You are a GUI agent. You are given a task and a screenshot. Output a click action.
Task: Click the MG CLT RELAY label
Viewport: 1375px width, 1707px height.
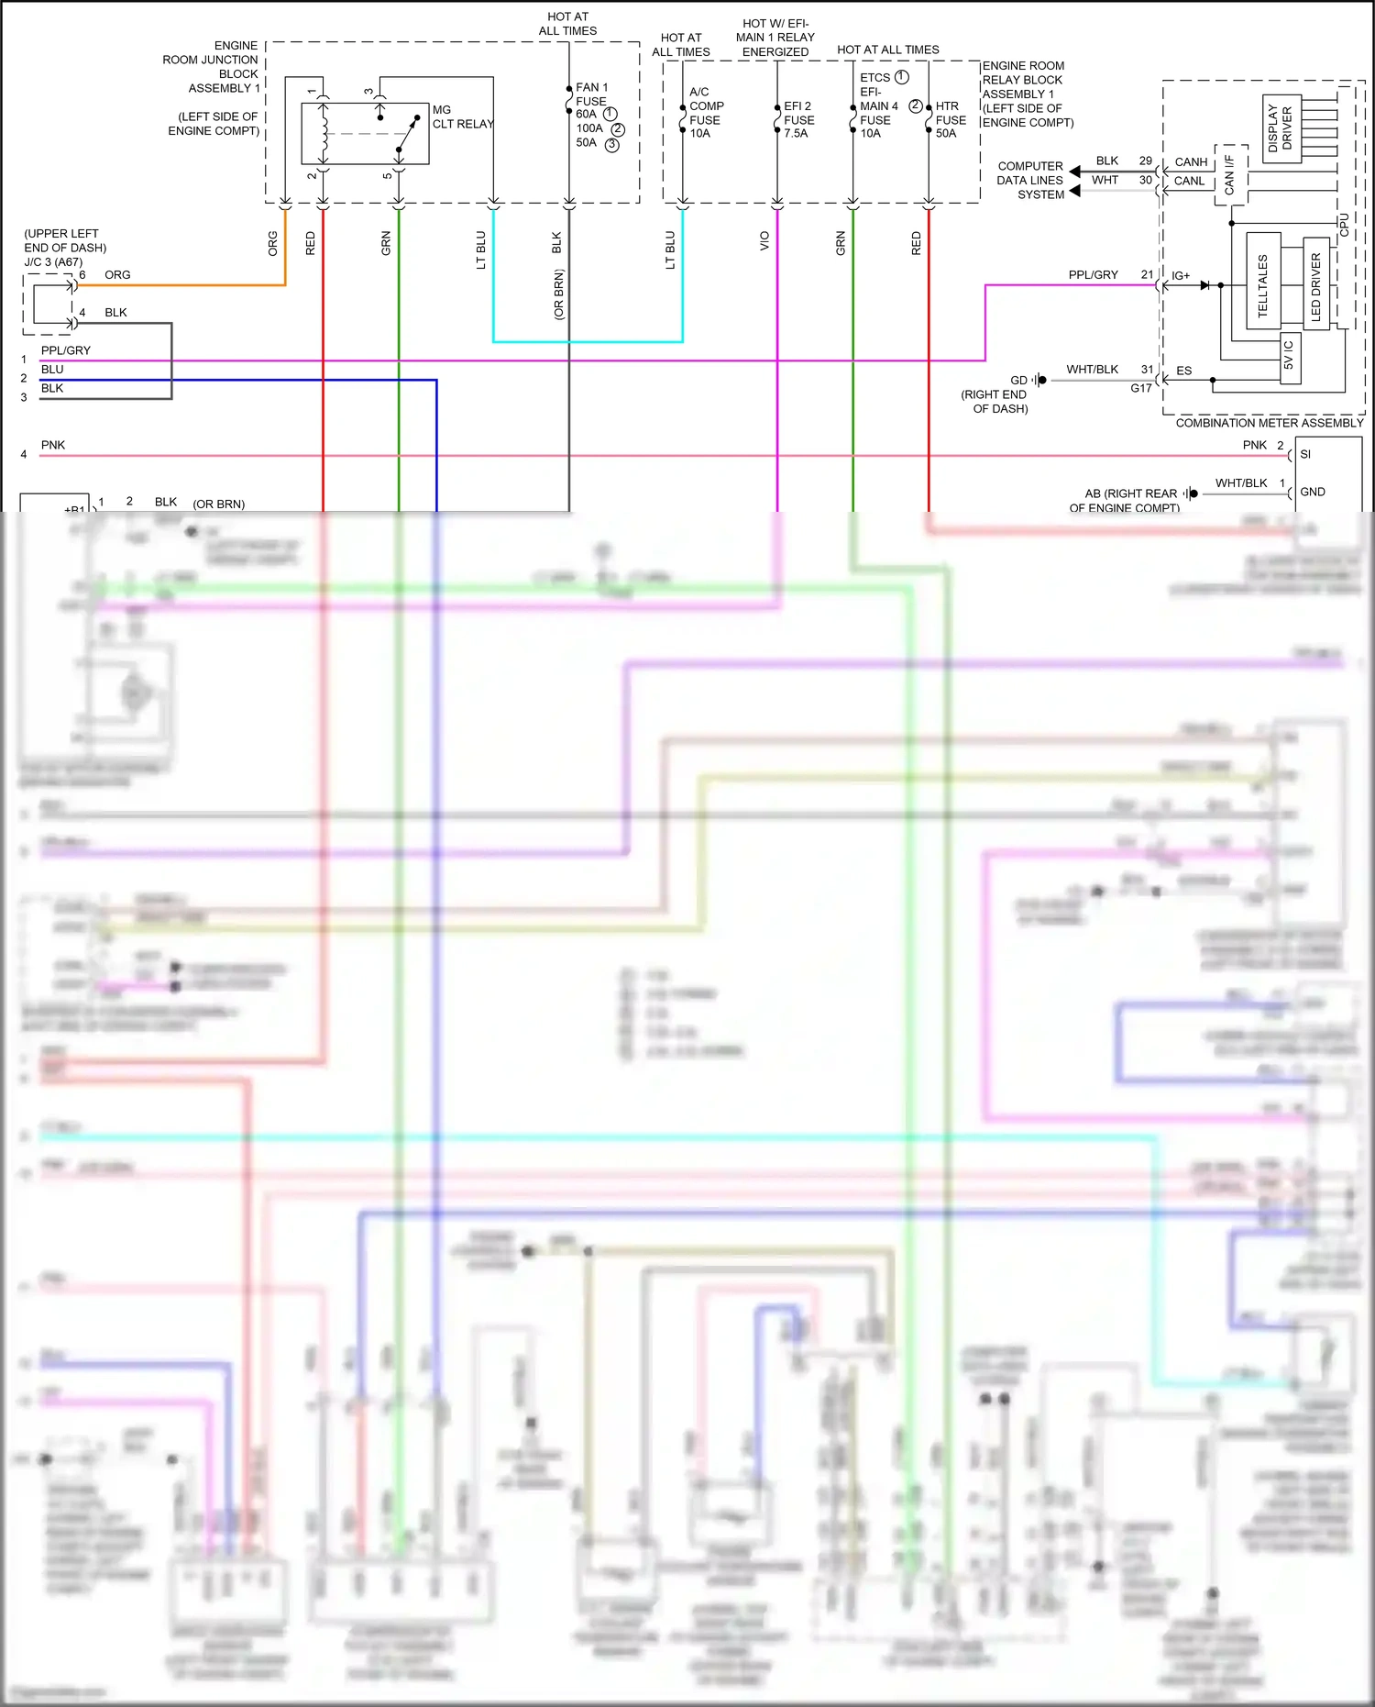462,116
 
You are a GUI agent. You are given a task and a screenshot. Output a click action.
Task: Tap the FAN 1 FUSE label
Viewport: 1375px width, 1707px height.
591,94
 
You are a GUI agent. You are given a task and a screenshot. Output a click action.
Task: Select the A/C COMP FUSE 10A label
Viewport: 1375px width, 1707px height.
705,113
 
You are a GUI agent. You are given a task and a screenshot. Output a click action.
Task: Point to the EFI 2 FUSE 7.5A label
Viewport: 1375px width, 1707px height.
798,119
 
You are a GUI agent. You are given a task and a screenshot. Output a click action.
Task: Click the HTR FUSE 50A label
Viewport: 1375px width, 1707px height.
950,119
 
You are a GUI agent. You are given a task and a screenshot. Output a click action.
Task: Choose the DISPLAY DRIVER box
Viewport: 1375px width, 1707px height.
1281,128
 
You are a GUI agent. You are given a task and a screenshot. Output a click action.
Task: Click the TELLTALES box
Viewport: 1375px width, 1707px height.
1263,282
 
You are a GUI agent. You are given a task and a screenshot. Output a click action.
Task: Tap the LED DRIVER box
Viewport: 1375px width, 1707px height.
1315,284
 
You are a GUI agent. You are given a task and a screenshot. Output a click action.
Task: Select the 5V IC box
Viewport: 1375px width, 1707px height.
1289,355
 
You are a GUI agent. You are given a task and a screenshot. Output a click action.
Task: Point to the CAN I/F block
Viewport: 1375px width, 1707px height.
1230,174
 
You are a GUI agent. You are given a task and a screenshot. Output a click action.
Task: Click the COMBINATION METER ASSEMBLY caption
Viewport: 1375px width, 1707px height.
1269,423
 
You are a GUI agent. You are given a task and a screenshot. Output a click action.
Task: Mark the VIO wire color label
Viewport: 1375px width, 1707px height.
764,241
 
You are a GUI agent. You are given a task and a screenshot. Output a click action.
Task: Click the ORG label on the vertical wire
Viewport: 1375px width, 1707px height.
272,243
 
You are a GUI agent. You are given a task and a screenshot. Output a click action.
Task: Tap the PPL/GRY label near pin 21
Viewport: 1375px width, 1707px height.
1093,274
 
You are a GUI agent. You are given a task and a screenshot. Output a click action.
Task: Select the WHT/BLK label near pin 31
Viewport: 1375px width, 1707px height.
1092,370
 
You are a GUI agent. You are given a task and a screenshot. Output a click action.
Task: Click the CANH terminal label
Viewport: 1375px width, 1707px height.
1191,162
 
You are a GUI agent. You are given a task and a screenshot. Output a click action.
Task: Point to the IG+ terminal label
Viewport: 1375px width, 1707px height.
1181,276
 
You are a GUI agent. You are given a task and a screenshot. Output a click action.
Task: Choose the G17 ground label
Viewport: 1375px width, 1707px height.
1140,388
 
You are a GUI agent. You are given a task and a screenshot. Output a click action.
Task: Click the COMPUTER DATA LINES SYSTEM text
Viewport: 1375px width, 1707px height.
1030,180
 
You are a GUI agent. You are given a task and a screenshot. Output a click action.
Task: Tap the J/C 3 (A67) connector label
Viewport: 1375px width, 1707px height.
53,261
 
